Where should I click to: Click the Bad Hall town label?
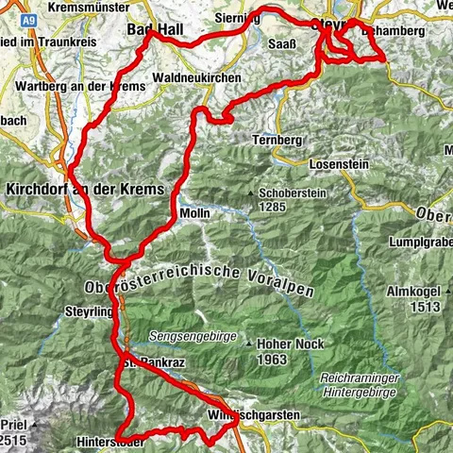click(158, 30)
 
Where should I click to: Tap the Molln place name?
click(194, 214)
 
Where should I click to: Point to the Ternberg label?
click(277, 140)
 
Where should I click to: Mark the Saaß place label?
click(282, 45)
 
